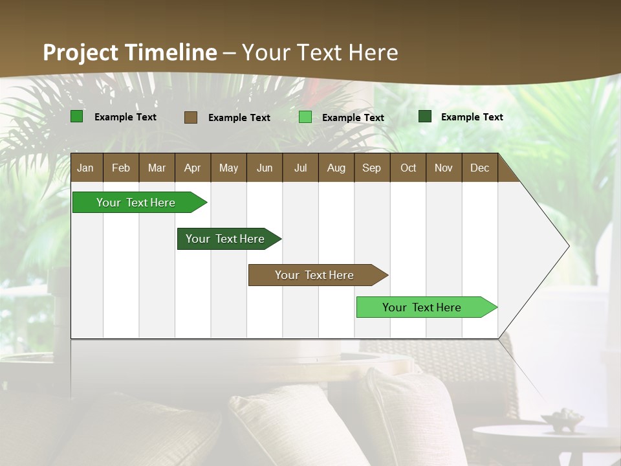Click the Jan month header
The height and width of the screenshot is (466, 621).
(85, 168)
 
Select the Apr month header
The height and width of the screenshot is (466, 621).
(192, 168)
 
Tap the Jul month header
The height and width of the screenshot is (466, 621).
(300, 168)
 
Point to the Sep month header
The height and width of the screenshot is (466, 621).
(371, 168)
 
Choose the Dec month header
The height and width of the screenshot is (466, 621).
(479, 168)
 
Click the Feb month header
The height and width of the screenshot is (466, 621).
(121, 168)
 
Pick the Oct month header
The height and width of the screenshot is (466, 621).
(408, 168)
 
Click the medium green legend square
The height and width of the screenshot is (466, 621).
(77, 116)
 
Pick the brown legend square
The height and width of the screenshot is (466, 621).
(191, 117)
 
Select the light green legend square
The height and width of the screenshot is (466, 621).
(305, 117)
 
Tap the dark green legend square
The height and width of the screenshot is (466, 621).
(425, 116)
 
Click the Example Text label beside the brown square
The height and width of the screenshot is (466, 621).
(239, 118)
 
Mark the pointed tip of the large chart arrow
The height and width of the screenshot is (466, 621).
(569, 246)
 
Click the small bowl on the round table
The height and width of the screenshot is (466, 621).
(562, 421)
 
